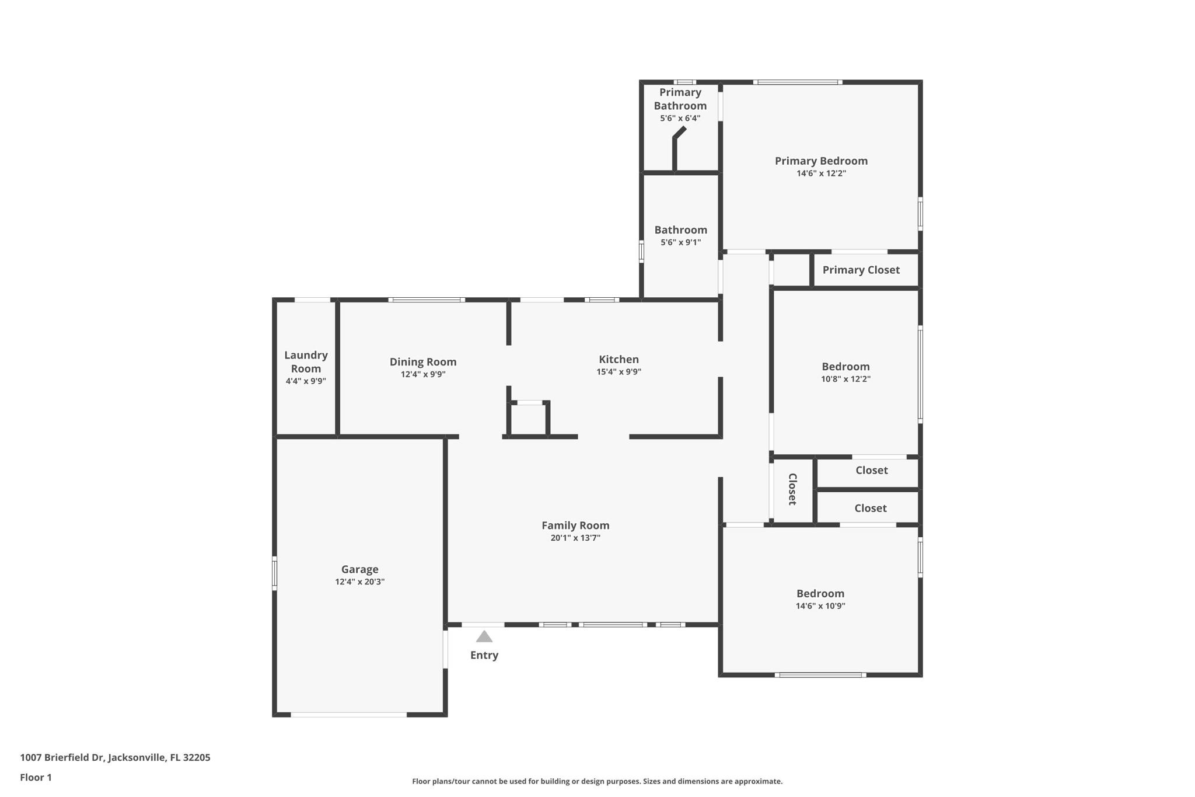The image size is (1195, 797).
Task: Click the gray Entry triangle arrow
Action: pyautogui.click(x=484, y=636)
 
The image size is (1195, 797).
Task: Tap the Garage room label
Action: pyautogui.click(x=359, y=569)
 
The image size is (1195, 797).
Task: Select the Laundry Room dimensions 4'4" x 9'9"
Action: pyautogui.click(x=306, y=381)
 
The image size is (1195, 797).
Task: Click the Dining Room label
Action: pyautogui.click(x=423, y=362)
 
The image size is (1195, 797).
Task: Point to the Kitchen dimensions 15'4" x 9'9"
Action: pyautogui.click(x=619, y=372)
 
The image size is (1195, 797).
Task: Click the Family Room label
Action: pyautogui.click(x=575, y=525)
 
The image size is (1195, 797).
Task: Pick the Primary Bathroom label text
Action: pyautogui.click(x=680, y=99)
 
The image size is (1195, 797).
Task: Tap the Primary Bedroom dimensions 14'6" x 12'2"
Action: pyautogui.click(x=821, y=173)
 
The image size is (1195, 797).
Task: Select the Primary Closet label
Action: pyautogui.click(x=861, y=270)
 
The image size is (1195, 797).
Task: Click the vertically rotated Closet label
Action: pyautogui.click(x=792, y=489)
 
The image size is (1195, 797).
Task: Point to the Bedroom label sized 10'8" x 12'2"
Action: pyautogui.click(x=845, y=367)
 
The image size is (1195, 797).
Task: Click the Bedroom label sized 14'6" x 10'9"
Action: pyautogui.click(x=820, y=594)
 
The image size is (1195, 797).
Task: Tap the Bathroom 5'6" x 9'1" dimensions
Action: pyautogui.click(x=680, y=242)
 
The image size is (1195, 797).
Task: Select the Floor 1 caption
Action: pyautogui.click(x=36, y=777)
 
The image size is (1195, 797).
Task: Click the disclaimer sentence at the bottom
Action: pyautogui.click(x=597, y=781)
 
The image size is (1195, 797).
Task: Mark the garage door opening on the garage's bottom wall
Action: pyautogui.click(x=348, y=714)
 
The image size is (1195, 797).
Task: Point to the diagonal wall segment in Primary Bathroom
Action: pyautogui.click(x=680, y=133)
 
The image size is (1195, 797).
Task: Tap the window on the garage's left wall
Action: pyautogui.click(x=274, y=573)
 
